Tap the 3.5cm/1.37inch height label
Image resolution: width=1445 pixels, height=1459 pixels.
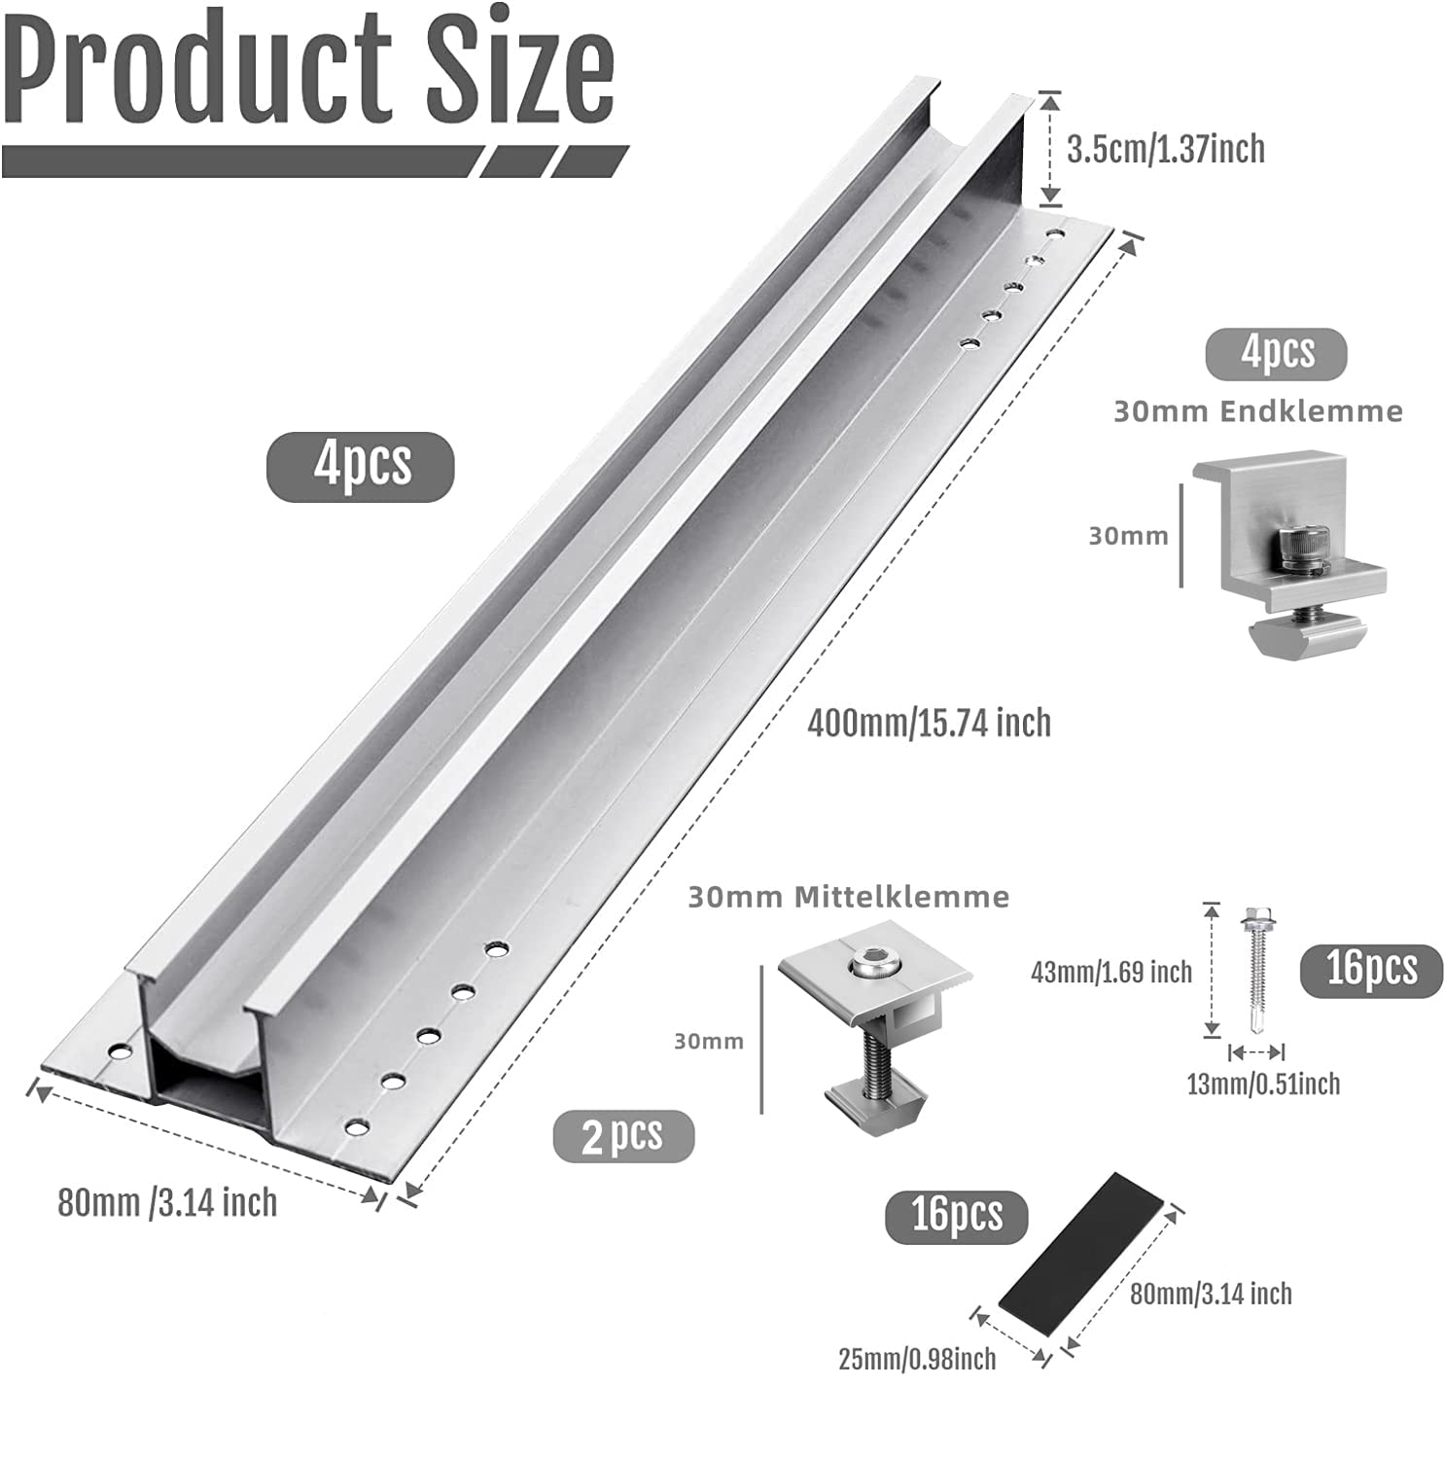(x=1166, y=149)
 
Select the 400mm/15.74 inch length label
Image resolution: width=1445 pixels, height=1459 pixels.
(x=930, y=723)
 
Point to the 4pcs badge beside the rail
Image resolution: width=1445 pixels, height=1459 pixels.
(x=361, y=466)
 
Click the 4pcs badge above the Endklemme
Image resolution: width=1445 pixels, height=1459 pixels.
(x=1277, y=352)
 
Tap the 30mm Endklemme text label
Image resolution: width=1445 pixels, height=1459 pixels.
(x=1258, y=411)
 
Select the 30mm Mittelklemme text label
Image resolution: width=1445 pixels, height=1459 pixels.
(x=849, y=896)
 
